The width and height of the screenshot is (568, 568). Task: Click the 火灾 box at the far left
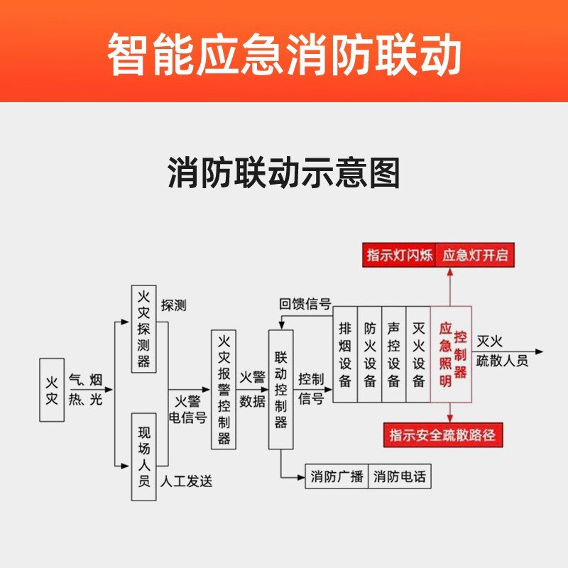click(52, 390)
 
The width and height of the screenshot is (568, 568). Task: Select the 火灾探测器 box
click(143, 328)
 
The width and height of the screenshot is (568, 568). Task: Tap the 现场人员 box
click(143, 455)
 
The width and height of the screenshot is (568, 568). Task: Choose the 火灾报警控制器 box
click(224, 389)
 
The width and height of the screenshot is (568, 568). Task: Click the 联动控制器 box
click(280, 389)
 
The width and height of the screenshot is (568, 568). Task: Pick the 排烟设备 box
click(345, 354)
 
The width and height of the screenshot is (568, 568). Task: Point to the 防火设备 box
click(369, 354)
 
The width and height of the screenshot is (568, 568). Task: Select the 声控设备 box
click(393, 354)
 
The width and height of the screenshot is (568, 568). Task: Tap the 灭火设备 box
click(418, 354)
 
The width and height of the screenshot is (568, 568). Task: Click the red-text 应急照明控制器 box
click(452, 354)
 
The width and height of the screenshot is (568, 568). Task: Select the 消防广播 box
click(337, 476)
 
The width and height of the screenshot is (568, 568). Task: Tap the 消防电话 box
click(400, 476)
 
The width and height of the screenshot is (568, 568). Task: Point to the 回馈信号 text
click(305, 305)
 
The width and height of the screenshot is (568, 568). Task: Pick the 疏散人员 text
click(502, 361)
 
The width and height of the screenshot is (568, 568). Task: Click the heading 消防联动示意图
click(284, 173)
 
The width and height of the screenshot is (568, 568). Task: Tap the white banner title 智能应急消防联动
click(284, 55)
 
